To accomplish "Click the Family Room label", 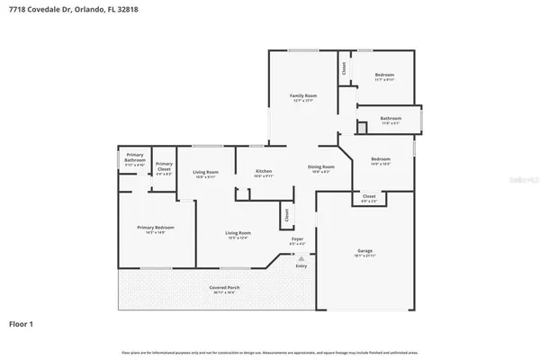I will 303,95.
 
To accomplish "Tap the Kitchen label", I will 264,171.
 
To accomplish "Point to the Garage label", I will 364,253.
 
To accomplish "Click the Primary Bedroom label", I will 155,228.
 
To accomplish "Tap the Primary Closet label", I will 164,166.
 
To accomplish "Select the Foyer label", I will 297,238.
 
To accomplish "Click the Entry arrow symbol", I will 301,257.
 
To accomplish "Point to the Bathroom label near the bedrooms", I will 391,118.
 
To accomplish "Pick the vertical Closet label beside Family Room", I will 344,67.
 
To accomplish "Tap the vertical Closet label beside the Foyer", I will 287,215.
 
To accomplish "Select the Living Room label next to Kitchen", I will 206,172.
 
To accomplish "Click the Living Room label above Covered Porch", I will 238,233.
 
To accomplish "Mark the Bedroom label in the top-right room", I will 384,75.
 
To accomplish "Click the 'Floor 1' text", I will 22,322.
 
